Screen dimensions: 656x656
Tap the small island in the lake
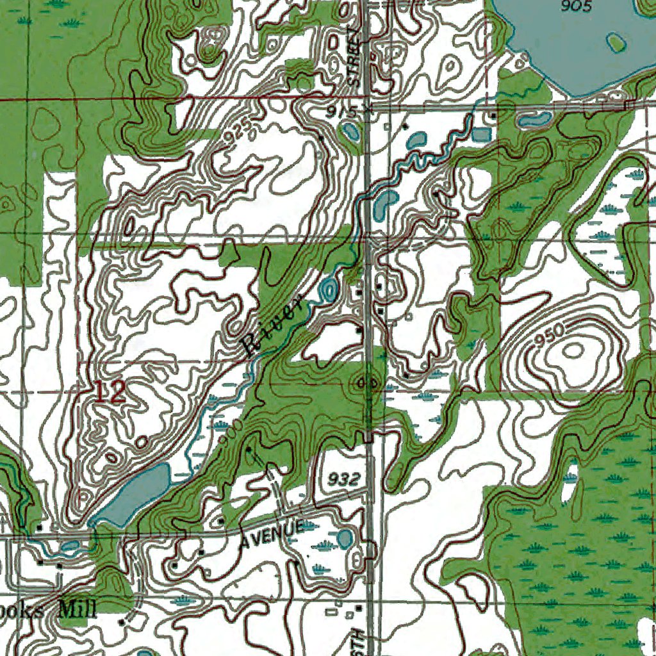[x=616, y=43]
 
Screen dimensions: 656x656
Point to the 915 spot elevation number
[x=340, y=111]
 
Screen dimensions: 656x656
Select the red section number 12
[x=110, y=391]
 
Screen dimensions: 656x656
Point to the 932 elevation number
[x=340, y=479]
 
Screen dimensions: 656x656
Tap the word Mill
[x=78, y=608]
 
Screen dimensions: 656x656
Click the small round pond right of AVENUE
[x=345, y=538]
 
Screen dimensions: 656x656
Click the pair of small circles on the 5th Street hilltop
[x=367, y=382]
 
